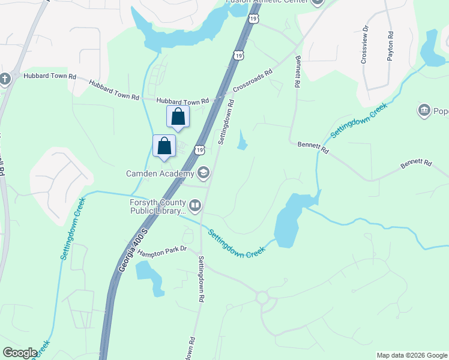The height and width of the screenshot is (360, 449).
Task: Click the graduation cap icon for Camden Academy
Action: tap(203, 173)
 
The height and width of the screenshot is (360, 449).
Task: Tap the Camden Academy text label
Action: tap(160, 174)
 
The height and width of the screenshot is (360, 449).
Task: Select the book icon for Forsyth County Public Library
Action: tap(194, 206)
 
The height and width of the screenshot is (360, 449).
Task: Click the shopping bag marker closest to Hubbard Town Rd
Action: tap(178, 116)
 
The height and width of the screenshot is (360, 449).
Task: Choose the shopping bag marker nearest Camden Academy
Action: tap(164, 146)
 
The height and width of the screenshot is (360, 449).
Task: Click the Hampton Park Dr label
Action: tap(162, 251)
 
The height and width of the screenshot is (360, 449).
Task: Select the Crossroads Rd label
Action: tap(253, 80)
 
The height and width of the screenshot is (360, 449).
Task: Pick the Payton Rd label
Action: tap(390, 46)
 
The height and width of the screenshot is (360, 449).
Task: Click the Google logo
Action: tap(20, 353)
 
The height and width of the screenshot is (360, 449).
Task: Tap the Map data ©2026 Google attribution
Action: tap(411, 355)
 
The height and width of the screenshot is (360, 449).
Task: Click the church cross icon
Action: tap(5, 79)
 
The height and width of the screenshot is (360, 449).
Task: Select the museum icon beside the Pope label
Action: tap(424, 110)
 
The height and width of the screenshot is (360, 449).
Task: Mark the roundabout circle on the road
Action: tap(262, 297)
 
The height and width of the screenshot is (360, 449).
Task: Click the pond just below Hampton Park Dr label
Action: tap(148, 274)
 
